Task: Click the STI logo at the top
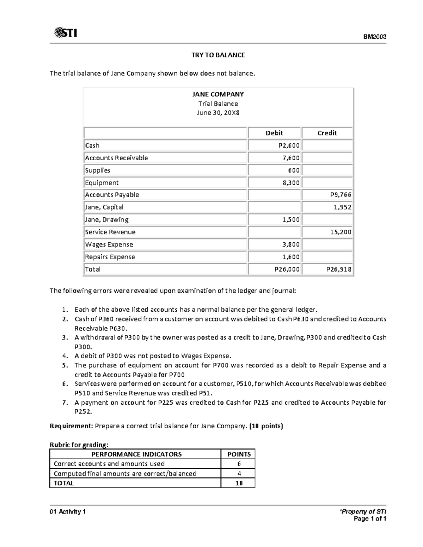(x=65, y=33)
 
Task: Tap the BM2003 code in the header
(x=375, y=37)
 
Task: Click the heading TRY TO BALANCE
(x=218, y=55)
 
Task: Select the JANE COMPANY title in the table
(x=218, y=94)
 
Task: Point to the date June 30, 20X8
(x=218, y=113)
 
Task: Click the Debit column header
(x=274, y=133)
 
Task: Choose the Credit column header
(x=327, y=133)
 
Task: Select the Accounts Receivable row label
(x=116, y=158)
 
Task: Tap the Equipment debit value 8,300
(x=291, y=183)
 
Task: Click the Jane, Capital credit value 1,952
(x=343, y=207)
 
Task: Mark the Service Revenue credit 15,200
(x=341, y=232)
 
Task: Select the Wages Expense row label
(x=109, y=244)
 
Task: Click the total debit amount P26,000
(x=287, y=269)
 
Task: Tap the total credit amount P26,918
(x=339, y=269)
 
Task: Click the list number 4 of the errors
(x=64, y=356)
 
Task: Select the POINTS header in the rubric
(x=239, y=454)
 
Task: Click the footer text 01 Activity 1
(x=68, y=512)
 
